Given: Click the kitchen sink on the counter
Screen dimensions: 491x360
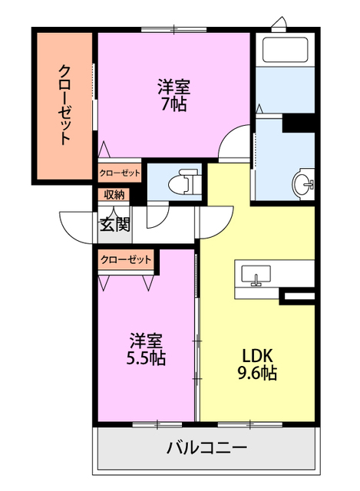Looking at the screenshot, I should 256,274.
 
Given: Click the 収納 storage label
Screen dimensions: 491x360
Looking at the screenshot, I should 112,195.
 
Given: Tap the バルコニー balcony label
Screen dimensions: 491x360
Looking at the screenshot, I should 206,448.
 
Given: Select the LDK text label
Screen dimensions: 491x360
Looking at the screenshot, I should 257,356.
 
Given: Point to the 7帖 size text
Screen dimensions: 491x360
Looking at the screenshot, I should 173,105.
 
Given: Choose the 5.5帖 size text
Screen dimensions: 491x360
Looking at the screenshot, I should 146,358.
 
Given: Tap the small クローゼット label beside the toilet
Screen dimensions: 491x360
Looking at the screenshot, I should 120,173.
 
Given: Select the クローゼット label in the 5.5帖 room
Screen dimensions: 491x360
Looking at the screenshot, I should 126,260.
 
